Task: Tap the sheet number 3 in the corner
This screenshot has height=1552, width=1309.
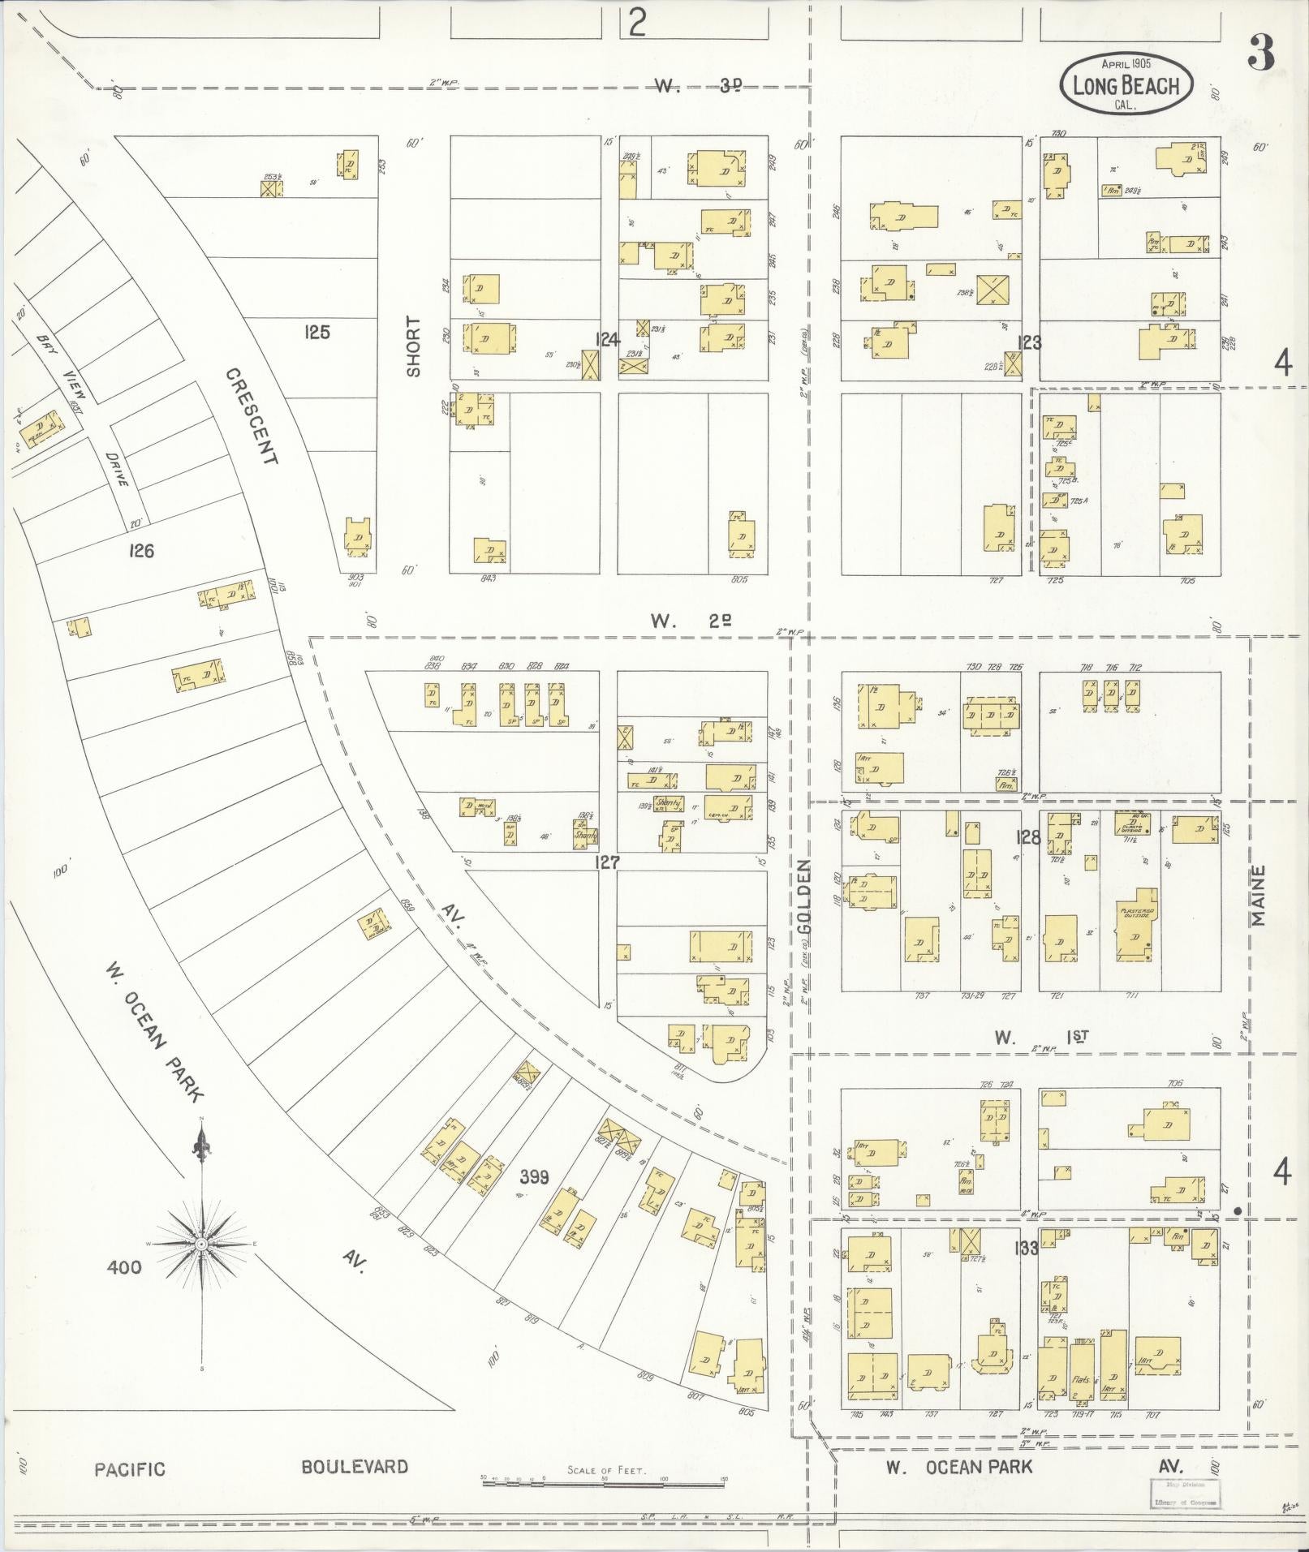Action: tap(1261, 55)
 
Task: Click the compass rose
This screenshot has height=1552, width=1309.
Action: tap(201, 1243)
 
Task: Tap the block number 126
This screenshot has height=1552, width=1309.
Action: tap(140, 551)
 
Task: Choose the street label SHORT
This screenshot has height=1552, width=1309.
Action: tap(414, 346)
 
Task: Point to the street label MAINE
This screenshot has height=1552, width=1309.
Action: tap(1258, 896)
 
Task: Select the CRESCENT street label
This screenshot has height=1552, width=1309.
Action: tap(252, 416)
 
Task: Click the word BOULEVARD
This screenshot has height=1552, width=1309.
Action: tap(354, 1466)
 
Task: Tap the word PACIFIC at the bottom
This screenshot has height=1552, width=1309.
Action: tap(129, 1468)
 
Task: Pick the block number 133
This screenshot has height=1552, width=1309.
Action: tap(1027, 1248)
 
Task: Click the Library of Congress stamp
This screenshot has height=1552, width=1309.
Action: tap(1186, 1493)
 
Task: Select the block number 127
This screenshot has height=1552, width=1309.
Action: tap(606, 862)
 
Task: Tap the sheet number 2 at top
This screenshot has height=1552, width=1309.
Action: tap(637, 24)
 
